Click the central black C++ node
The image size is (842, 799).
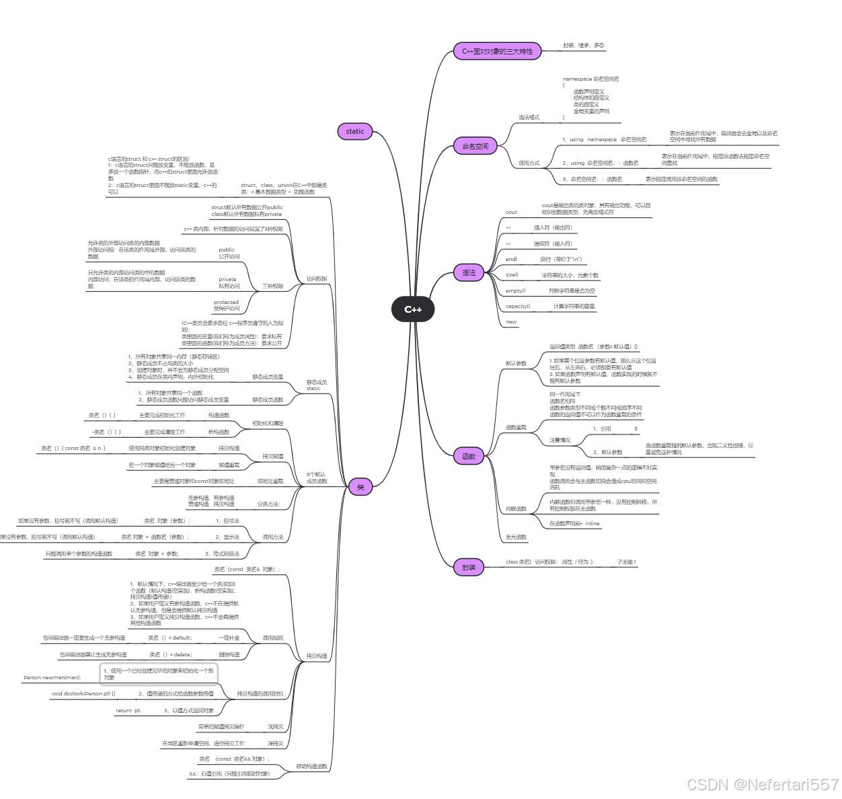pos(412,309)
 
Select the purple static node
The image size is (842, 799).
pos(354,131)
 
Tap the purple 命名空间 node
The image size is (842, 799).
pos(475,146)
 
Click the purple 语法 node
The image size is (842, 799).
pos(469,273)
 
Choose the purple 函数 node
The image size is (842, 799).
pos(469,457)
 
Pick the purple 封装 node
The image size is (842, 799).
pos(469,568)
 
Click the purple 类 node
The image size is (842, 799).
pos(360,487)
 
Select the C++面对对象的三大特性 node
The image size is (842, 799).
pos(497,51)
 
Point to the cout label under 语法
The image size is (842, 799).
pos(511,212)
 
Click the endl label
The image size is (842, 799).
pos(511,259)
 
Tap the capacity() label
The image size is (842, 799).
pos(517,306)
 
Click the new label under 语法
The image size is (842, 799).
pos(511,321)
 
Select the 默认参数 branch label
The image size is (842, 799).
pos(516,363)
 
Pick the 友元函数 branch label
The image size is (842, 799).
pos(516,537)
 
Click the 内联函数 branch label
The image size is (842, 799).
pos(516,508)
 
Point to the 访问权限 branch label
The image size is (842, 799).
pos(316,278)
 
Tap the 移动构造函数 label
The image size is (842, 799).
pos(311,766)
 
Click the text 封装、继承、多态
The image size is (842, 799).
pos(583,46)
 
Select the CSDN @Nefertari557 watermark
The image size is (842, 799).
pos(762,784)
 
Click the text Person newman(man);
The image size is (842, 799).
pos(52,677)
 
